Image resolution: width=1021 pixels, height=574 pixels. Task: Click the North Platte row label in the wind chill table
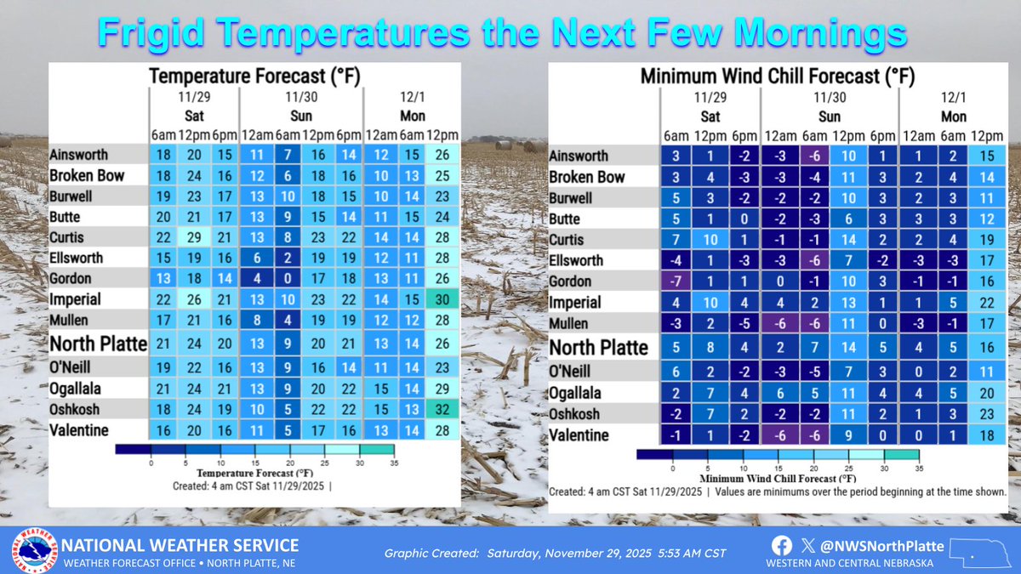[598, 347]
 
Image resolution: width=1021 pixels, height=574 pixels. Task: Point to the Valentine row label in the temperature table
[79, 430]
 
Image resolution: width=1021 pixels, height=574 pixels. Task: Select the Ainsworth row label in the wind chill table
[580, 156]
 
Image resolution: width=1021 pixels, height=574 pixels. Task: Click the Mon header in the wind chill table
[954, 117]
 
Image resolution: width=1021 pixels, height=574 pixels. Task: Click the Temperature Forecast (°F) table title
[255, 77]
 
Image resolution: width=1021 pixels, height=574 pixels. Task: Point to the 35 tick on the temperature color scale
[394, 463]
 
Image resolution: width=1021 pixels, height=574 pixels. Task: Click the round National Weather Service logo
[34, 551]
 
